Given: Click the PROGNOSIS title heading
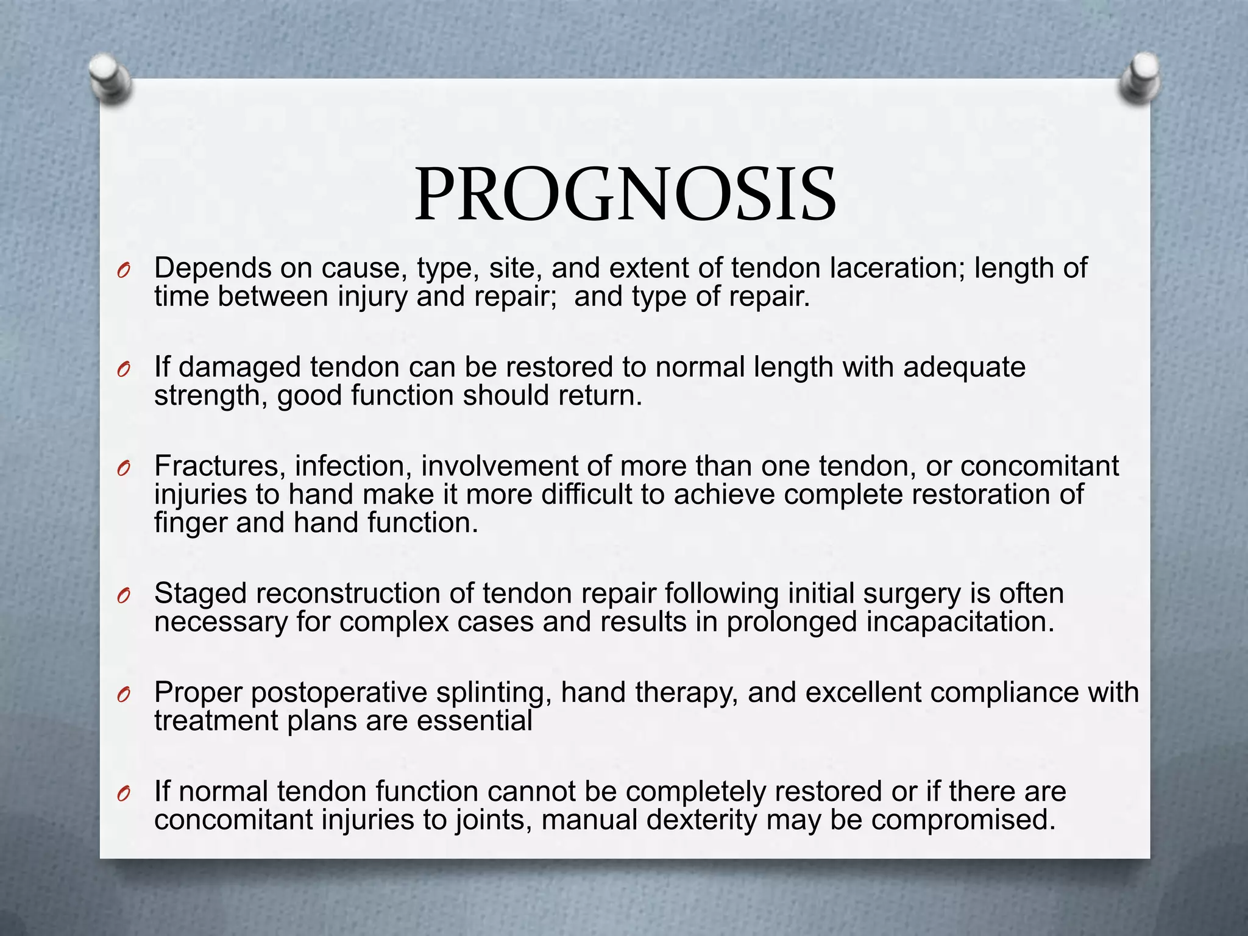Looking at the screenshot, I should (x=625, y=195).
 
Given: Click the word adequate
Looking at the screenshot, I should (x=964, y=367).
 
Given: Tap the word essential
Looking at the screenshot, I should (x=474, y=721).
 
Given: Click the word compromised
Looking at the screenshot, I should (x=963, y=820).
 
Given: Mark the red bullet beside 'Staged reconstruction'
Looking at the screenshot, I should (x=124, y=597).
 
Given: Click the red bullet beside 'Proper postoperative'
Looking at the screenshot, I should (x=124, y=695).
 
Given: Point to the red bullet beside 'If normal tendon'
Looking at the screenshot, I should (x=124, y=794).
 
